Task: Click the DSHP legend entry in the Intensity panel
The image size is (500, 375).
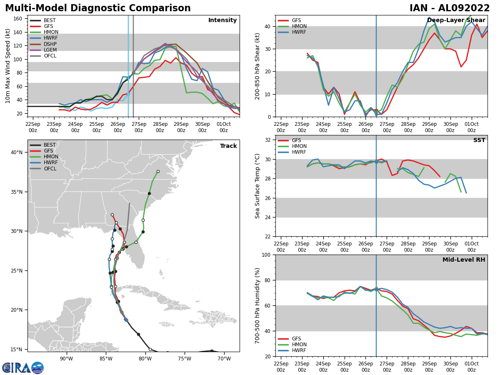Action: [x=43, y=44]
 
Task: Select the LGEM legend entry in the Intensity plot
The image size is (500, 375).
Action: [x=43, y=50]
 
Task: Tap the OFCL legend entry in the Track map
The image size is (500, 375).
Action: [x=43, y=169]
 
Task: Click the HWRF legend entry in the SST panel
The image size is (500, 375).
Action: [x=292, y=152]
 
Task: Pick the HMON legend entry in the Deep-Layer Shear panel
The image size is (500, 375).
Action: [x=292, y=26]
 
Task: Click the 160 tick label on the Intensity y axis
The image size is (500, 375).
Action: [x=18, y=19]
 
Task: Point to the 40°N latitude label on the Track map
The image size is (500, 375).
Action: [x=17, y=152]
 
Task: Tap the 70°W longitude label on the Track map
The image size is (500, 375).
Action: [x=224, y=359]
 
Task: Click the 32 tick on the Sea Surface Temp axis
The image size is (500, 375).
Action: [x=267, y=140]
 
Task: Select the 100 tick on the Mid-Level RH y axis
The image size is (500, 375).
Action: [x=266, y=255]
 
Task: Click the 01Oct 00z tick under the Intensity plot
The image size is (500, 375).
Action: [x=224, y=127]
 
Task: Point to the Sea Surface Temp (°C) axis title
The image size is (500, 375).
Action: [x=257, y=186]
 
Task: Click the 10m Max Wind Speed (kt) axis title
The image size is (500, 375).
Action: [x=7, y=66]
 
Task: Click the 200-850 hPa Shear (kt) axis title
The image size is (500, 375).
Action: [x=257, y=67]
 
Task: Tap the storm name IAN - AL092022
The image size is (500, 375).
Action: [x=450, y=8]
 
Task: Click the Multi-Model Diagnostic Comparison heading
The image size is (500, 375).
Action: [x=98, y=8]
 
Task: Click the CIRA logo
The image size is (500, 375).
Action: [x=23, y=368]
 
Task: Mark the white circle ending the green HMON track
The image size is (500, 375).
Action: [x=158, y=171]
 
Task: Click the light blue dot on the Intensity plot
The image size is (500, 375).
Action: [x=128, y=94]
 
